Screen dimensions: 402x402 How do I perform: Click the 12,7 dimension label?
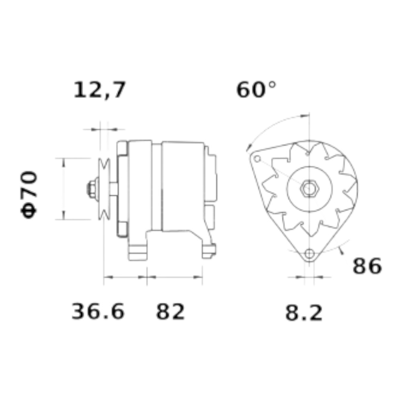pyautogui.click(x=99, y=90)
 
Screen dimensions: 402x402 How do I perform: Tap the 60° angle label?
pyautogui.click(x=256, y=90)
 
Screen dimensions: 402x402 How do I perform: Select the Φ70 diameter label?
pyautogui.click(x=29, y=194)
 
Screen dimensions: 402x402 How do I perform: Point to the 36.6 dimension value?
pyautogui.click(x=98, y=311)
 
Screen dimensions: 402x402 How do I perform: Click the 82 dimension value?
pyautogui.click(x=170, y=312)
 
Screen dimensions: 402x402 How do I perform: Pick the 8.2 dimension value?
pyautogui.click(x=304, y=313)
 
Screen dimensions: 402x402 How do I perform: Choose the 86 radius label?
pyautogui.click(x=367, y=266)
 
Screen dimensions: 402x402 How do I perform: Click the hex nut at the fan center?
pyautogui.click(x=310, y=189)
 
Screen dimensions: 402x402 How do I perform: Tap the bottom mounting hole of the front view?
pyautogui.click(x=310, y=254)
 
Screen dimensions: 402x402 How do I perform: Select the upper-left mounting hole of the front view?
pyautogui.click(x=257, y=159)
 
